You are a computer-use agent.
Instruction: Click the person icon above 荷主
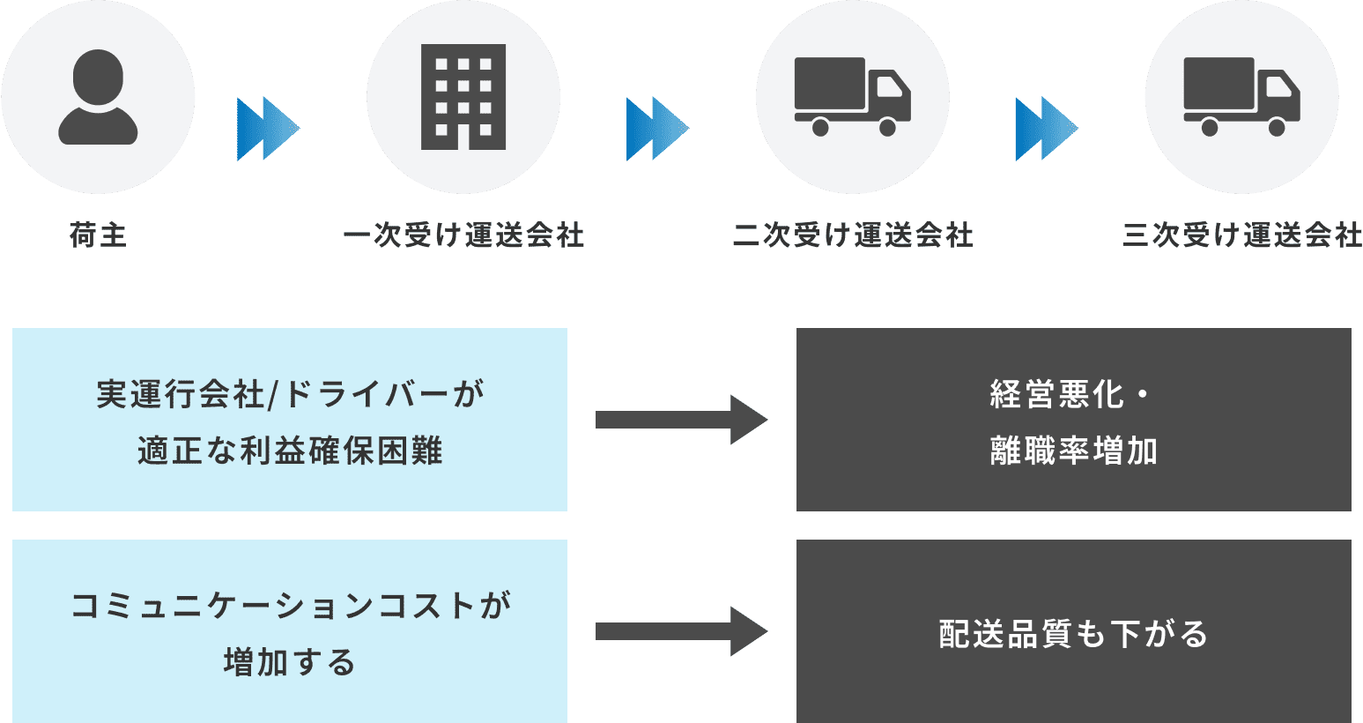pyautogui.click(x=98, y=97)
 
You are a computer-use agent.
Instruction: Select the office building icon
pyautogui.click(x=463, y=97)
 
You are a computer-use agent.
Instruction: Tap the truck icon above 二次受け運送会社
pyautogui.click(x=852, y=97)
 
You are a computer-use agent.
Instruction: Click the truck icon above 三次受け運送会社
pyautogui.click(x=1241, y=97)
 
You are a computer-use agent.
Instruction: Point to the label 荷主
pyautogui.click(x=98, y=235)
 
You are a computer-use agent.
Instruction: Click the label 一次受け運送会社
pyautogui.click(x=463, y=235)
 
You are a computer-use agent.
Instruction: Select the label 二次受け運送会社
pyautogui.click(x=853, y=235)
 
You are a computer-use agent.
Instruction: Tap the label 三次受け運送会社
pyautogui.click(x=1242, y=235)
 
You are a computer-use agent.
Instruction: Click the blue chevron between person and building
pyautogui.click(x=268, y=129)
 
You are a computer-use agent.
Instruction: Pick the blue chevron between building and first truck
pyautogui.click(x=657, y=129)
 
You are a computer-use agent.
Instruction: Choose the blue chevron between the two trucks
pyautogui.click(x=1046, y=129)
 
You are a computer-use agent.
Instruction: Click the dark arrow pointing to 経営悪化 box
pyautogui.click(x=681, y=420)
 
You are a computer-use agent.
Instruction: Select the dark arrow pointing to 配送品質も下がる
pyautogui.click(x=681, y=631)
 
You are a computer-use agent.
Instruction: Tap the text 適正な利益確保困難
pyautogui.click(x=290, y=451)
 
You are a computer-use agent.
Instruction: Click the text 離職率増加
pyautogui.click(x=1073, y=451)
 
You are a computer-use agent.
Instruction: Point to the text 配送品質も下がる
pyautogui.click(x=1073, y=634)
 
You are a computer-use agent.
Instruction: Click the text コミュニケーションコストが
pyautogui.click(x=290, y=606)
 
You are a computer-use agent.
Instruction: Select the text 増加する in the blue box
pyautogui.click(x=290, y=662)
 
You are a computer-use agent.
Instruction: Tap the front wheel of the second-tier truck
pyautogui.click(x=887, y=128)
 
